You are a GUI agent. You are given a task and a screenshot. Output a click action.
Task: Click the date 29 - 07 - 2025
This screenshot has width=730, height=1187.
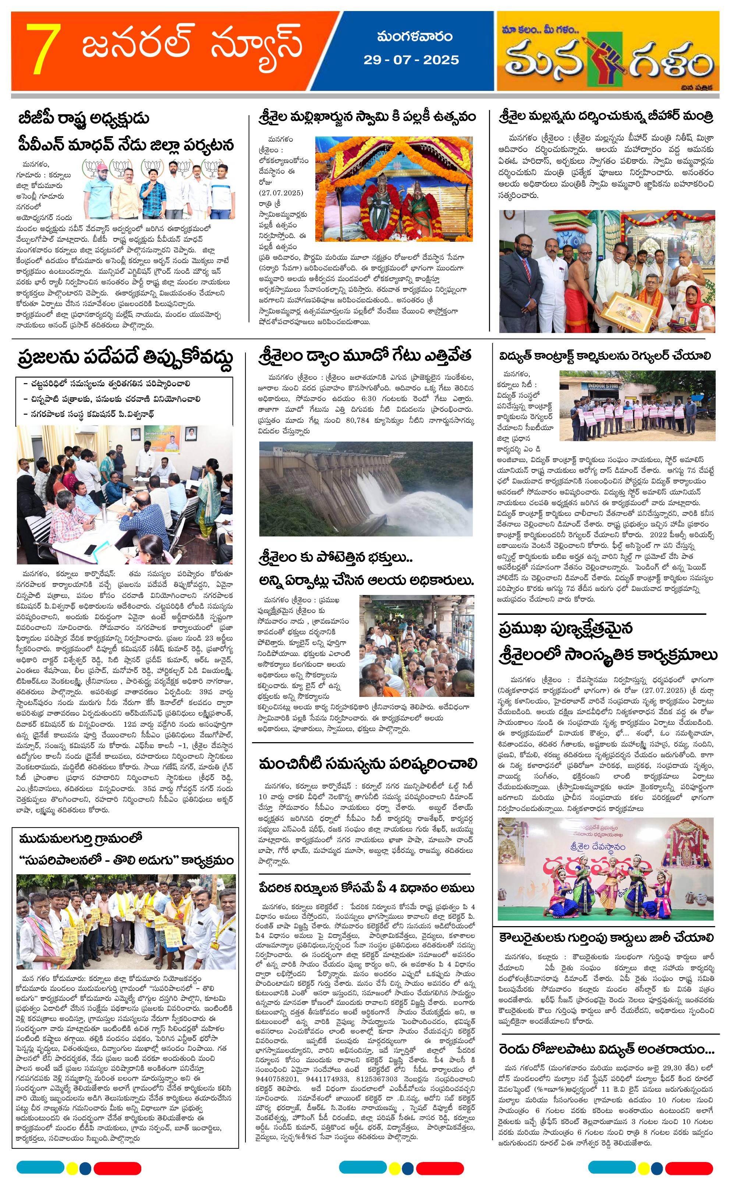coord(411,60)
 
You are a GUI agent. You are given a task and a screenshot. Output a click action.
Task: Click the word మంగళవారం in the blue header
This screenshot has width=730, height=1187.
coord(415,37)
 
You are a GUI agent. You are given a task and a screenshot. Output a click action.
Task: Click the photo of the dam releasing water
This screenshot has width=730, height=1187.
coord(365,489)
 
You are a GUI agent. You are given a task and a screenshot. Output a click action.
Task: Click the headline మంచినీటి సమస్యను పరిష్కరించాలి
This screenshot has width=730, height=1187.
coord(368,763)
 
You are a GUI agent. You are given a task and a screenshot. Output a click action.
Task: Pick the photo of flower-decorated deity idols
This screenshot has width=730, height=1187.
coord(393,189)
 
